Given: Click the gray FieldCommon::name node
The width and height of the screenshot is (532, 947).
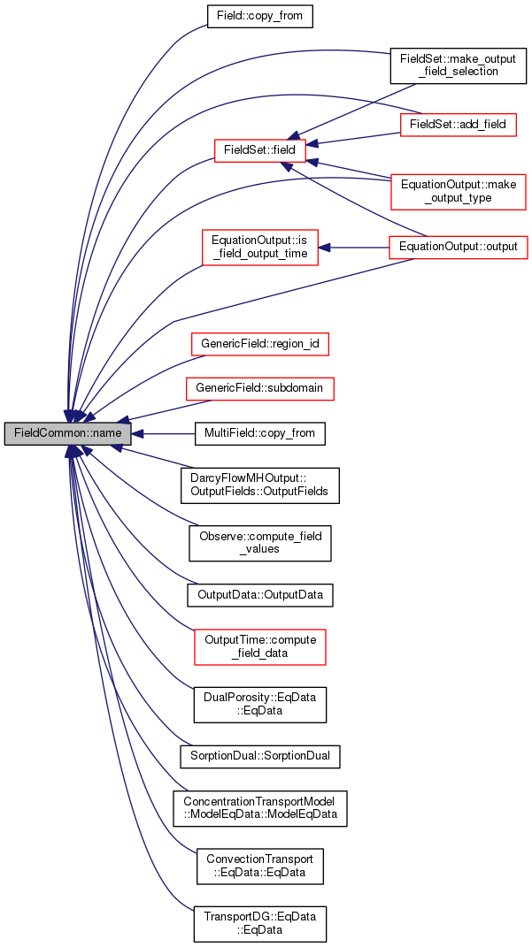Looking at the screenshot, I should (x=68, y=434).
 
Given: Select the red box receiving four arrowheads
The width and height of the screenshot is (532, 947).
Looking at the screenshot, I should (x=260, y=150).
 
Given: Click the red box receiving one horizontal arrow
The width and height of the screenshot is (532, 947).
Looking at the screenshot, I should (x=260, y=248).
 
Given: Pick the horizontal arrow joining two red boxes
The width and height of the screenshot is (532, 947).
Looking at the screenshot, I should (x=354, y=248).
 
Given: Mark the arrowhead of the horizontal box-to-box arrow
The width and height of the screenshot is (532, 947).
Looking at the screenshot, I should (x=325, y=248).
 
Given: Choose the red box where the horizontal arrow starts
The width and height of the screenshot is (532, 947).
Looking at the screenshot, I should (x=459, y=248).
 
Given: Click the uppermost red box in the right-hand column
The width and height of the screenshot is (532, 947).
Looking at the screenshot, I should (x=459, y=126).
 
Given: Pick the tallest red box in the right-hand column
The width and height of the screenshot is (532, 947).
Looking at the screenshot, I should (x=459, y=192).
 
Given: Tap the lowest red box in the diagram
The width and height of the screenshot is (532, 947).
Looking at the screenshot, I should (x=260, y=647).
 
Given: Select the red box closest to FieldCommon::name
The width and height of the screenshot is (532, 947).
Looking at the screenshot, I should (x=260, y=389).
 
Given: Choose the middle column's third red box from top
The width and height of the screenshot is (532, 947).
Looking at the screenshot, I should (x=260, y=345).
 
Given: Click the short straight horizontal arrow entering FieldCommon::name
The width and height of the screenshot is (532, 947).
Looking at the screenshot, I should (x=168, y=434).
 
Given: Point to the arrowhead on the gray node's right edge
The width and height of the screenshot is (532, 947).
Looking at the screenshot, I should (x=138, y=434).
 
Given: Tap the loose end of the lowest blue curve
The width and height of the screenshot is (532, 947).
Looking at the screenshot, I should (x=193, y=910).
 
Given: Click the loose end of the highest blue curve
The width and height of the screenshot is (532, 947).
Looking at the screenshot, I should (x=206, y=25).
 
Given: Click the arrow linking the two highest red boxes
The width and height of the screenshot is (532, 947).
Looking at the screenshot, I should (x=354, y=139).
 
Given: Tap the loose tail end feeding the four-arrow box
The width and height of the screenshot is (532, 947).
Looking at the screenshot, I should (x=415, y=85).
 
